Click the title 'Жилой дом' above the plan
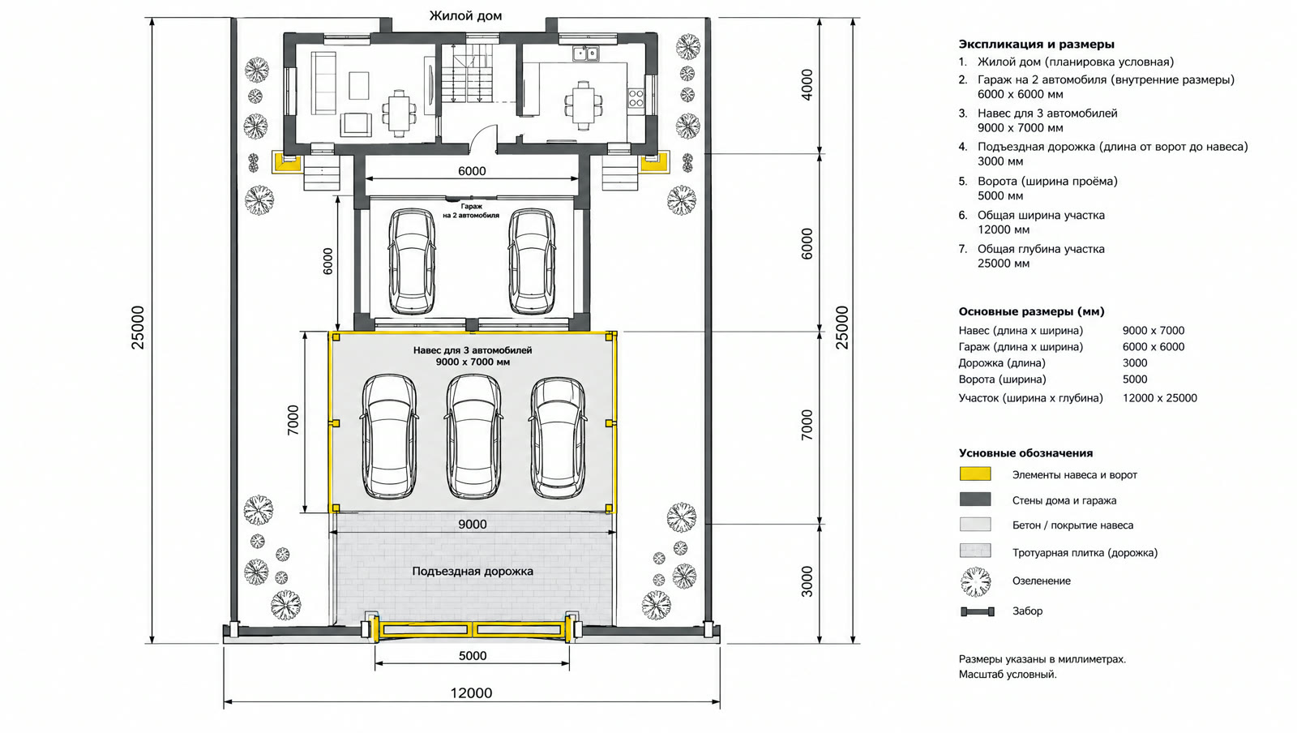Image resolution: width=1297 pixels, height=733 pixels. click(x=465, y=16)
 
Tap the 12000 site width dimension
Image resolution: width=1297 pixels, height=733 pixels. click(x=471, y=693)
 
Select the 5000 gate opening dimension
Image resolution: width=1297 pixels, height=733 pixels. click(x=473, y=656)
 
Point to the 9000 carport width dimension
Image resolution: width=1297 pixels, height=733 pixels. click(x=473, y=525)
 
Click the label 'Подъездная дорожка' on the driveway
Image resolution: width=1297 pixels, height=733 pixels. click(x=473, y=572)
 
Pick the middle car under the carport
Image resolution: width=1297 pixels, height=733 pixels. click(x=474, y=436)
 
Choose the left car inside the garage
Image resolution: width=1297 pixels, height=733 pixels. click(x=412, y=262)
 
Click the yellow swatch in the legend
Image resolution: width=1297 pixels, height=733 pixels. click(x=975, y=474)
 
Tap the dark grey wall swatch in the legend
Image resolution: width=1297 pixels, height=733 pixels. click(x=975, y=499)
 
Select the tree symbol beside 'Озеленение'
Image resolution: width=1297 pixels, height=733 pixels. click(x=976, y=581)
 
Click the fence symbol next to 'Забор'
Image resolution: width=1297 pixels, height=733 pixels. click(x=978, y=611)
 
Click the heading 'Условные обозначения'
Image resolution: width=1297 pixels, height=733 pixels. click(x=1025, y=453)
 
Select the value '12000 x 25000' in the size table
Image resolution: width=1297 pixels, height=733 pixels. click(x=1160, y=398)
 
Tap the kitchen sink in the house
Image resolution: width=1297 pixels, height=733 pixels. click(x=586, y=54)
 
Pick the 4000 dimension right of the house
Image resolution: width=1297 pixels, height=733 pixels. click(x=807, y=85)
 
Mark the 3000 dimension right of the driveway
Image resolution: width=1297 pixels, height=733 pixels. click(x=807, y=582)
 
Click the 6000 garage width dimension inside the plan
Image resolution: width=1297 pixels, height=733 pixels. click(x=472, y=171)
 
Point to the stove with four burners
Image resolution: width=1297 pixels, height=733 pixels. click(x=636, y=98)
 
